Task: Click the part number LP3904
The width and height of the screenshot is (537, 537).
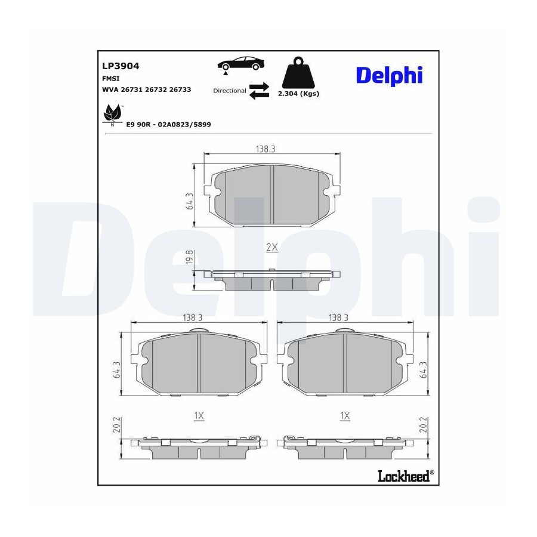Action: coord(121,66)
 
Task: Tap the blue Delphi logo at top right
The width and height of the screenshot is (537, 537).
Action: coord(390,75)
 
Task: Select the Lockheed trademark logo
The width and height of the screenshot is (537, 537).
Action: coord(406,476)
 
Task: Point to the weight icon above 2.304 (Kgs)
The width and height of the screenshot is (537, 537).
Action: coord(298,73)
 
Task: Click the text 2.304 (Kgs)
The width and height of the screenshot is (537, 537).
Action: coord(298,94)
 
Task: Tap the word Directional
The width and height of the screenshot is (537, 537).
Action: coord(230,91)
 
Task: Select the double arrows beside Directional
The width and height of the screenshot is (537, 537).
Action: coord(259,91)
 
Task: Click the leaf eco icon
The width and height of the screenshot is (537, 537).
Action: coord(113,115)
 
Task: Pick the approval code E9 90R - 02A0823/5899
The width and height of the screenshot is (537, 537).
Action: coord(168,125)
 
